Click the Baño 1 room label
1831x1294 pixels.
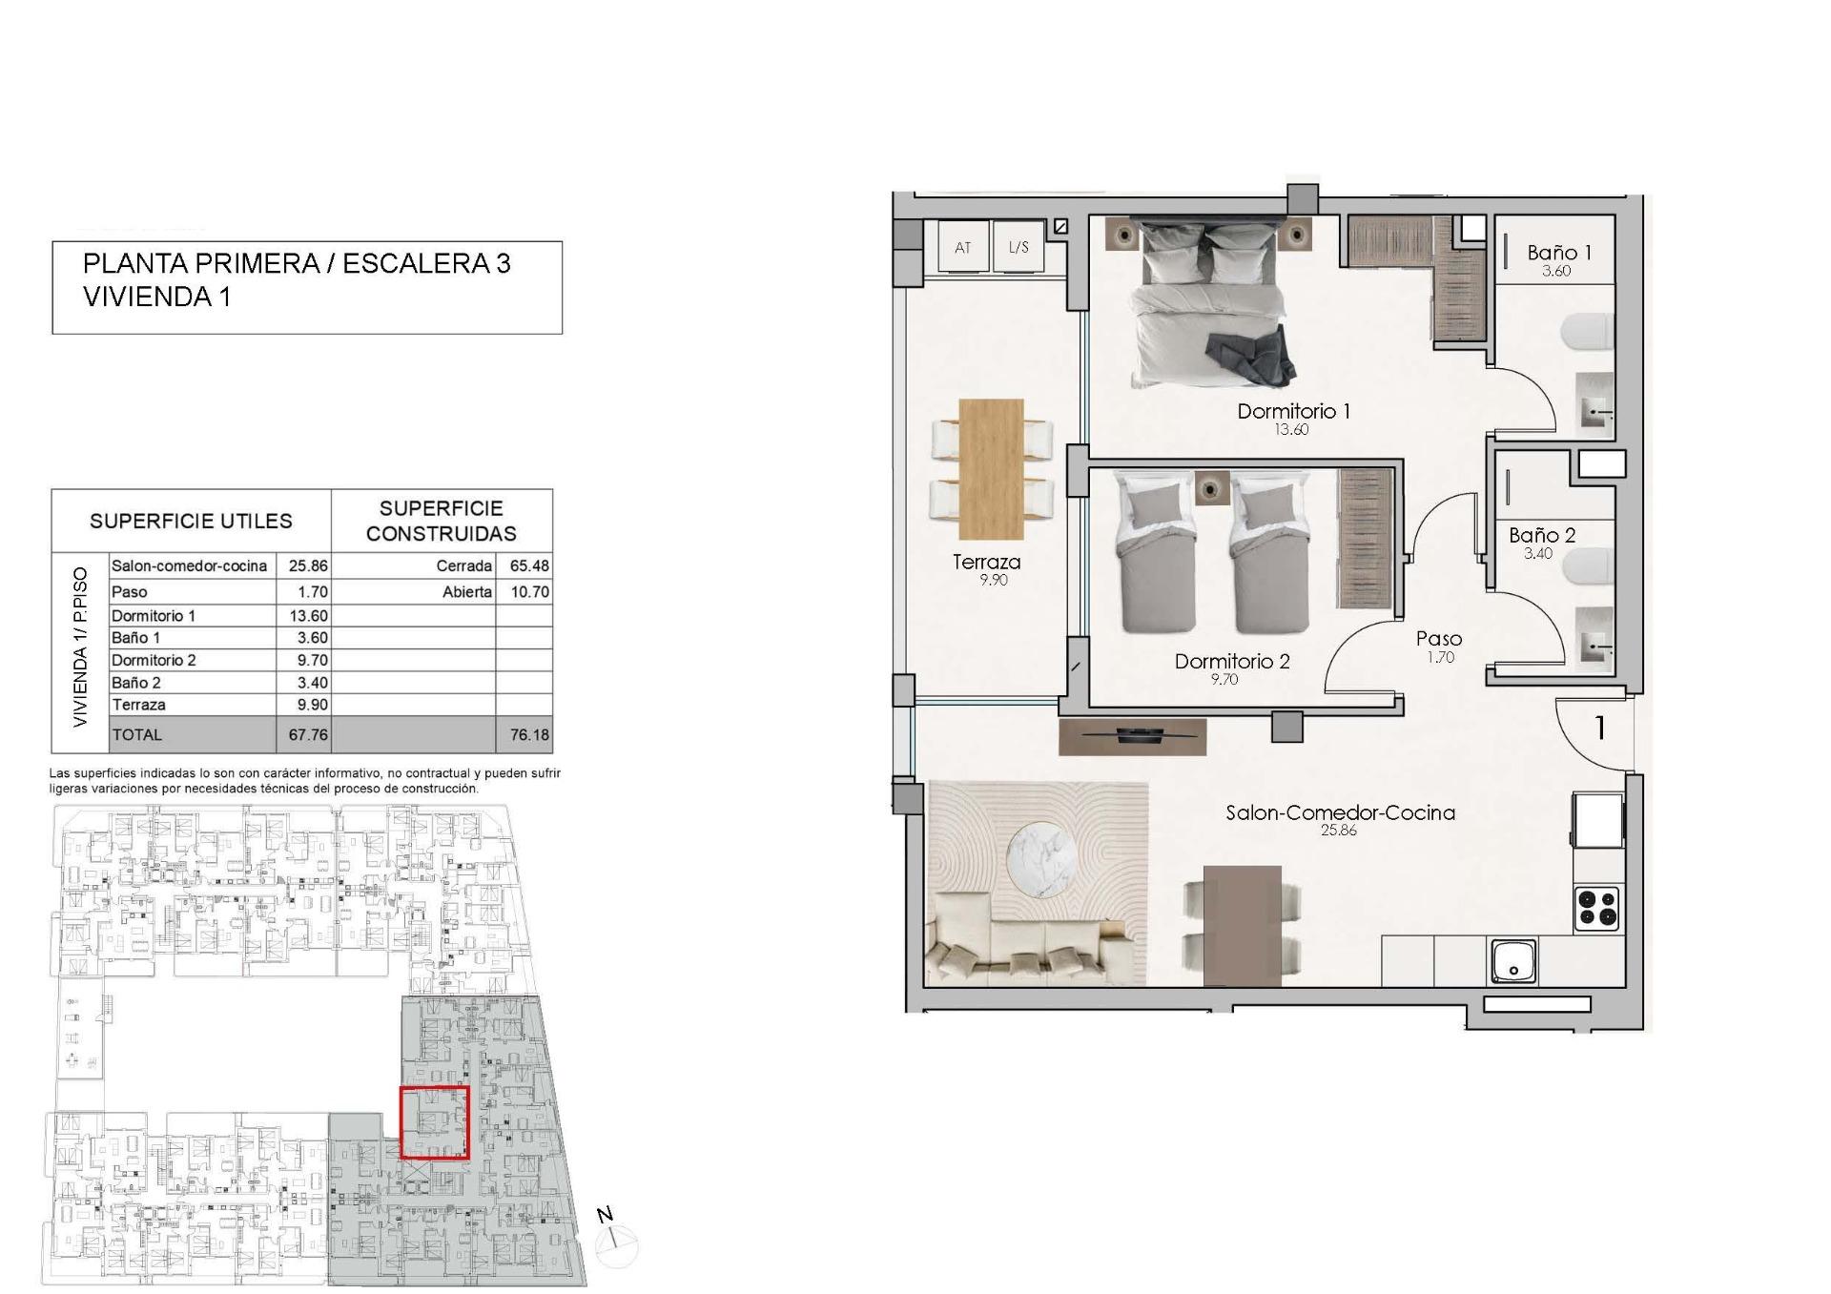(1558, 253)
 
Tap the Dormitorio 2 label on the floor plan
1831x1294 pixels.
(1231, 661)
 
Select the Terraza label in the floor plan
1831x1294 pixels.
(986, 562)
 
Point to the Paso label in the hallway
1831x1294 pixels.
(1438, 638)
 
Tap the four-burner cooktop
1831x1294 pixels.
(1596, 908)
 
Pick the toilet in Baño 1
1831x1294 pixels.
(1587, 333)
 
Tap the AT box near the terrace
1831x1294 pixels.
(962, 248)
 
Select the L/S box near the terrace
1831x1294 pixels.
(1018, 248)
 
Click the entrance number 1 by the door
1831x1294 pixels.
(1599, 729)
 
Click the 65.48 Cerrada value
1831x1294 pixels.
(528, 565)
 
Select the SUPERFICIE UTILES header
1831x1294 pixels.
(191, 521)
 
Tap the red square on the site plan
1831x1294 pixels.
(434, 1122)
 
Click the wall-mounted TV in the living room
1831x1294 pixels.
(1133, 734)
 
